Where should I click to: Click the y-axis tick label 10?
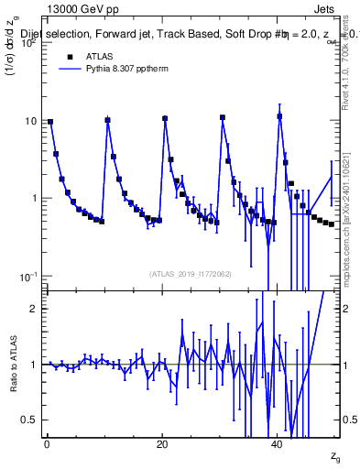point(29,121)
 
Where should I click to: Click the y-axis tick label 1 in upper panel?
point(32,199)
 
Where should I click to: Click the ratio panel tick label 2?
point(32,309)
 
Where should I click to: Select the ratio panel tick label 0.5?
point(28,420)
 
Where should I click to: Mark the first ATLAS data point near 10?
point(50,121)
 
